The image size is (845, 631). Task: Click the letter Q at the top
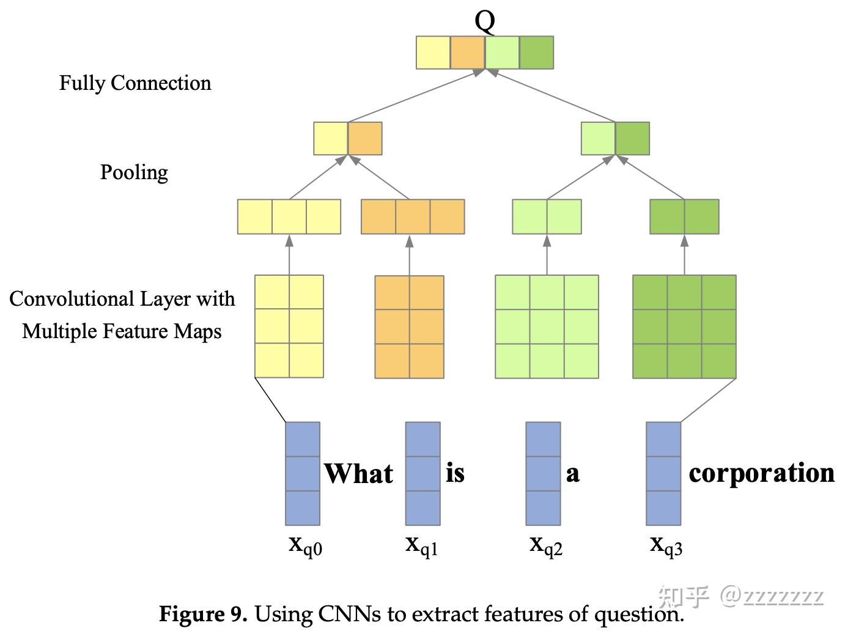coord(485,21)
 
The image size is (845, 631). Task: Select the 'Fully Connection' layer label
coord(135,83)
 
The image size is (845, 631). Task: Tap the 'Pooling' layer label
coord(134,172)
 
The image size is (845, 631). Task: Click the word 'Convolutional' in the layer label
coord(72,299)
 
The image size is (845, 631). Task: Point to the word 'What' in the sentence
coord(358,473)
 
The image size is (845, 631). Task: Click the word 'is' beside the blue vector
coord(455,473)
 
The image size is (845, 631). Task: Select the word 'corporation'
coord(761,473)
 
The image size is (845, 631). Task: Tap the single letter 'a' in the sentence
coord(572,473)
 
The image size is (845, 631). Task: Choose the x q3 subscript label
coord(666,545)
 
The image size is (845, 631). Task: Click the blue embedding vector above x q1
coord(422,473)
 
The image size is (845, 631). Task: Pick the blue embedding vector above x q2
coord(543,473)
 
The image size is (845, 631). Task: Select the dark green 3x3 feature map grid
coord(684,327)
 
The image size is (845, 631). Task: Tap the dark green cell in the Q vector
coord(536,53)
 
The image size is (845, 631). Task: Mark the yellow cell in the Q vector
coord(434,53)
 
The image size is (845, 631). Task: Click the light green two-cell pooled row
coord(547,216)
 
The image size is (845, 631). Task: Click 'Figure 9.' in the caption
coord(203,613)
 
